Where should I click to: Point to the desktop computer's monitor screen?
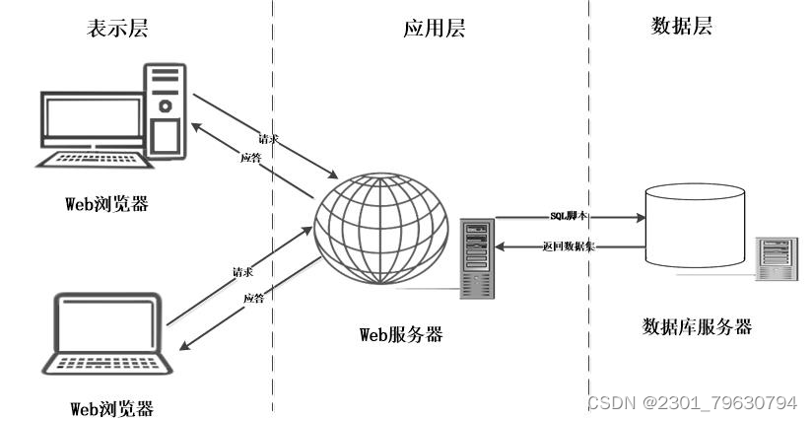(90, 119)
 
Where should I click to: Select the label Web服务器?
(401, 334)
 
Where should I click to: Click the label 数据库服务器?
(697, 326)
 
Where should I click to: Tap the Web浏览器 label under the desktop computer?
(111, 204)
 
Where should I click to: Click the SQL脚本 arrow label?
(568, 214)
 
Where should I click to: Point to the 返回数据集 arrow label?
(568, 246)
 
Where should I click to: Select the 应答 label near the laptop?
(254, 298)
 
